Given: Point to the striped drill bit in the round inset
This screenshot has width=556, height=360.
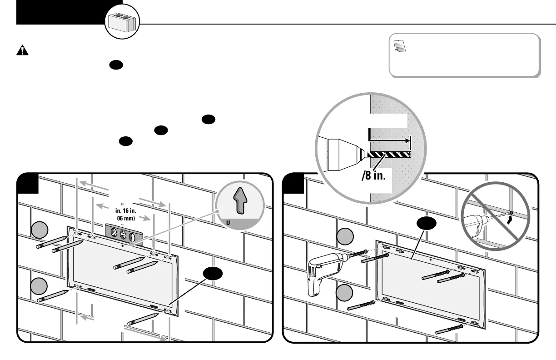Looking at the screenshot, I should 389,155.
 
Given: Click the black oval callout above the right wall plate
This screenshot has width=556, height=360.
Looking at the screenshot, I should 428,224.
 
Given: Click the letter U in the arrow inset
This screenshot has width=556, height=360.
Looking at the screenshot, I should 228,223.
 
